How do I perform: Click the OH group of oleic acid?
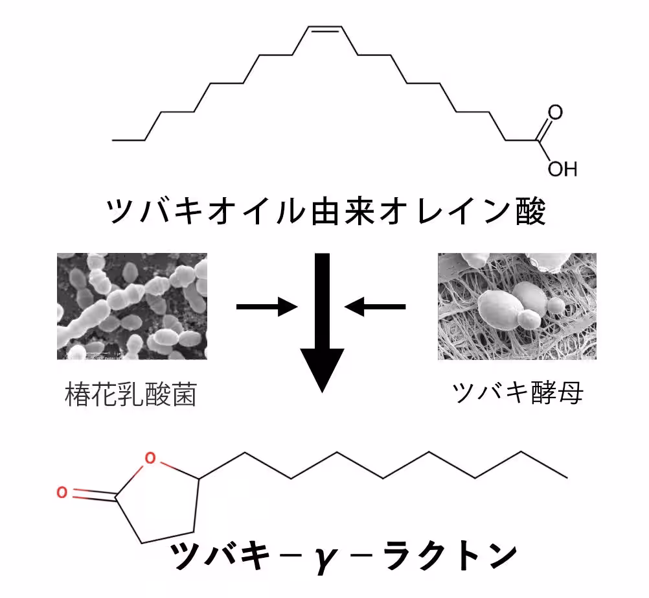pos(562,169)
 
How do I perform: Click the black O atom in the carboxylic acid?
pos(555,112)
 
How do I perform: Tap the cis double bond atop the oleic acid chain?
pos(324,29)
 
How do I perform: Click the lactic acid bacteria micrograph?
pos(132,306)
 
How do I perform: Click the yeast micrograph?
pos(517,306)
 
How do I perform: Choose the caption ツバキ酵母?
pos(517,392)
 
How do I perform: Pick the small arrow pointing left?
pos(376,306)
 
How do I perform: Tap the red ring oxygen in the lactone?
pos(150,460)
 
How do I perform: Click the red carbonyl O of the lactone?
pos(62,492)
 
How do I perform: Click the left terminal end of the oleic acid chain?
pos(113,139)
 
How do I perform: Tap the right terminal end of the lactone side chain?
pos(567,478)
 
